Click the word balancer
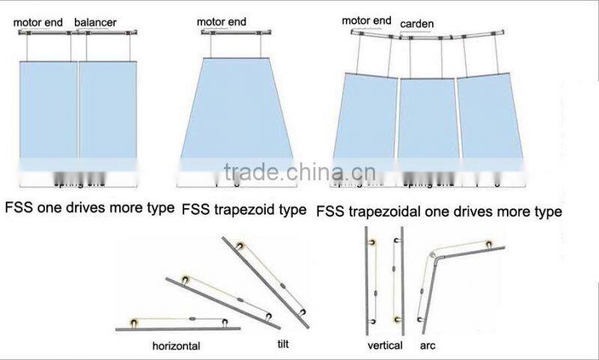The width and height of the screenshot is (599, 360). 95,22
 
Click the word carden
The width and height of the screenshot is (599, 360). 416,25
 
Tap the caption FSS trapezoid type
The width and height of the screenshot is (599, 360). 244,210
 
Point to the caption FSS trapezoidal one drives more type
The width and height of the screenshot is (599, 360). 439,212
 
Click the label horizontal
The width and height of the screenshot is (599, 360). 177,347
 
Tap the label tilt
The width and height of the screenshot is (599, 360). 282,344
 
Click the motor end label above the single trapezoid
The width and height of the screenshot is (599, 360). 222,22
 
